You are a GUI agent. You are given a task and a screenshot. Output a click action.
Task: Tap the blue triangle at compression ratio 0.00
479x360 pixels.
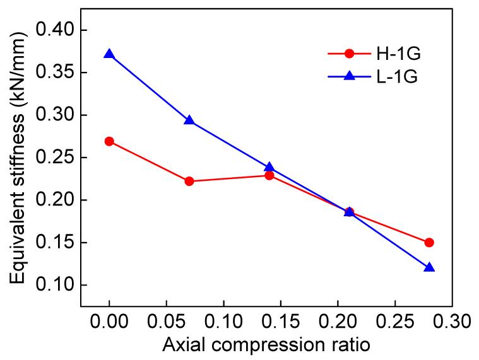click(109, 54)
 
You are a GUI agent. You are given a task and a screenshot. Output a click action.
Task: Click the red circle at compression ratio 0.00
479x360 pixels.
click(109, 141)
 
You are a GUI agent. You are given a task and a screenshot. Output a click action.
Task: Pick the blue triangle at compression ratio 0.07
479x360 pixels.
click(189, 120)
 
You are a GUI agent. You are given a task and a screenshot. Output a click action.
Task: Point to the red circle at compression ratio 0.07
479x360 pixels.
click(189, 181)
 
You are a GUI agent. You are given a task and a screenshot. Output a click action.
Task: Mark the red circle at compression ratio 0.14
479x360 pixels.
click(269, 175)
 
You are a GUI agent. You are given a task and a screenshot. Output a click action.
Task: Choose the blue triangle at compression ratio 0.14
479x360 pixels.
click(269, 167)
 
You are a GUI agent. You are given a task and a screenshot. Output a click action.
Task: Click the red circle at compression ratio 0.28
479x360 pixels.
click(429, 242)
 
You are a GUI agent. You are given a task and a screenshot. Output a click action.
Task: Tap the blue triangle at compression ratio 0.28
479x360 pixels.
click(429, 267)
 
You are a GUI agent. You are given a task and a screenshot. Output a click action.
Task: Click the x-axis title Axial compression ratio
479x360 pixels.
click(265, 345)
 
